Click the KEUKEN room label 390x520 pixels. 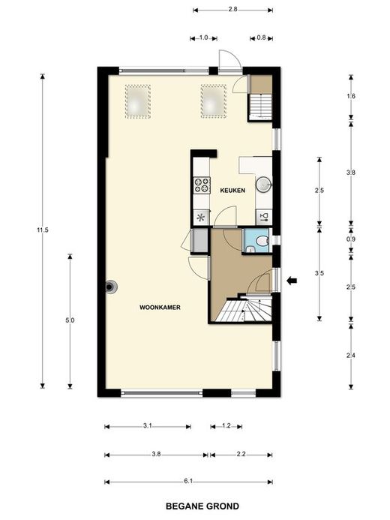point(232,191)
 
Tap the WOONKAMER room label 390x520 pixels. point(160,308)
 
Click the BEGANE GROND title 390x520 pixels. point(202,506)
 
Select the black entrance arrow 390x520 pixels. point(292,281)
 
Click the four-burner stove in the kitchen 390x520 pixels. point(202,185)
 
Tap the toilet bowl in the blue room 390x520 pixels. point(262,241)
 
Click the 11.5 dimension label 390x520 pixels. point(43,230)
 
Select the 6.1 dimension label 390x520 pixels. point(188,482)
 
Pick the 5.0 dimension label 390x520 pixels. point(70,320)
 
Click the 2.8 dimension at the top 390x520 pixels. point(232,9)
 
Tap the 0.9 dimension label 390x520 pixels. point(350,239)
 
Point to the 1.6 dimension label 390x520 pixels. point(350,96)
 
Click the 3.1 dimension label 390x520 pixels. point(148,425)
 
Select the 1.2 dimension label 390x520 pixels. point(226,425)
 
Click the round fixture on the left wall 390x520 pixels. point(111,287)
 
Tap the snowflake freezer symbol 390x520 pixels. point(201,218)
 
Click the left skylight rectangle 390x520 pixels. point(138,101)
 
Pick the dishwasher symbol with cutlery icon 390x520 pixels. point(264,217)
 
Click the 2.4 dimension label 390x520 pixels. point(350,356)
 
